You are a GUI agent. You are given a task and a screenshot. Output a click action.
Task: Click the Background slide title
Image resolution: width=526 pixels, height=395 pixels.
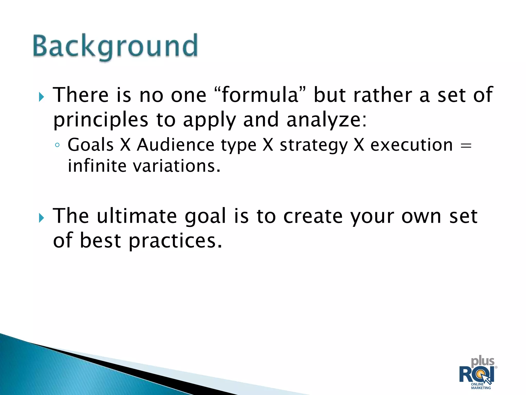pos(115,46)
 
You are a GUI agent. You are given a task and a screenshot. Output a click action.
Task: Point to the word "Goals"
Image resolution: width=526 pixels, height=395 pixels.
pos(90,145)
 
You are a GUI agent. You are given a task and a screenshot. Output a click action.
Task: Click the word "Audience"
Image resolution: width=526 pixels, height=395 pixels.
pos(175,145)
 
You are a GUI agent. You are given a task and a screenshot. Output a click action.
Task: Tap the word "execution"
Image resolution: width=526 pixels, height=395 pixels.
pos(411,145)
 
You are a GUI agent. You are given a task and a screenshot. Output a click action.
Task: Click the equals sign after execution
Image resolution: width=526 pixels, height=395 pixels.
pos(466,146)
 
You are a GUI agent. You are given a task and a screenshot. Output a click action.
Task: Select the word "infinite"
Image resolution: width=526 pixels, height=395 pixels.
pos(97,166)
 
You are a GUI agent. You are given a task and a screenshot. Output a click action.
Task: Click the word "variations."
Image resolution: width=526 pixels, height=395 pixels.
pos(177,166)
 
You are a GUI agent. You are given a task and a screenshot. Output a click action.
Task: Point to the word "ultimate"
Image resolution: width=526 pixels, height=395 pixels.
pos(137,216)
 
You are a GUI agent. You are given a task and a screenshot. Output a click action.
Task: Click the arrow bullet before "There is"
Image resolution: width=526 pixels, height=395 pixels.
pos(41,97)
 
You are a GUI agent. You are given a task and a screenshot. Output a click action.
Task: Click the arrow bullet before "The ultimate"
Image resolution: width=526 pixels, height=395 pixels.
pos(41,218)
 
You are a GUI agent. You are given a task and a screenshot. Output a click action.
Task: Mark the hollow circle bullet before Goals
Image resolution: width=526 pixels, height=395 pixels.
pos(57,145)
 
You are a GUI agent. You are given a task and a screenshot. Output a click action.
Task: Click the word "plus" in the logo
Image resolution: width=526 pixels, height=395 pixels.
pos(482,361)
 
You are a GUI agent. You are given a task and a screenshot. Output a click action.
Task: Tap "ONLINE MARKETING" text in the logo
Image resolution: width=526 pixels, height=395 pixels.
pos(481,386)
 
